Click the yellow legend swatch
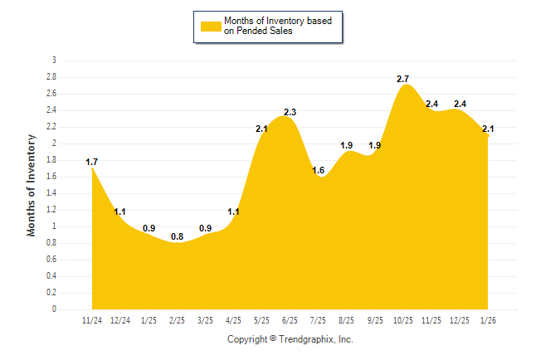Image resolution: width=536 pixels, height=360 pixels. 210,26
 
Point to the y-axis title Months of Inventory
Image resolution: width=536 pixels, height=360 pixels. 32,185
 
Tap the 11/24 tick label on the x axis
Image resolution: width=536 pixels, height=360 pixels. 92,320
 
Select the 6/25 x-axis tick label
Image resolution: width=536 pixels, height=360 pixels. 290,320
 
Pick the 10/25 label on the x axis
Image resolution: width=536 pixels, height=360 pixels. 403,320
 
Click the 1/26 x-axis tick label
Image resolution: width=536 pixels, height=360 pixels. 488,320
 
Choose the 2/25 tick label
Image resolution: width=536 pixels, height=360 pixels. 177,320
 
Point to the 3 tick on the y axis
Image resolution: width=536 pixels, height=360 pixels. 54,61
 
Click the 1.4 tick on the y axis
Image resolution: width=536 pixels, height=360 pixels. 51,193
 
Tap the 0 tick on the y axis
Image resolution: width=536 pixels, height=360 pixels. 54,309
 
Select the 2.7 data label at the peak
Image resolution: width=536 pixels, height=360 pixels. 403,79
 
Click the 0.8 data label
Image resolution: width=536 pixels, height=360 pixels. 177,236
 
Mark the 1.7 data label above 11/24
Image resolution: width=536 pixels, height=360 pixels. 92,162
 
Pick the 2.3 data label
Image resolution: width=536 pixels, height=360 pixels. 290,112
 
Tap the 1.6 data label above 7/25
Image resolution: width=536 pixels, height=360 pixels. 319,170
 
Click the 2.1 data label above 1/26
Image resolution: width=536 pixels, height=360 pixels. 488,129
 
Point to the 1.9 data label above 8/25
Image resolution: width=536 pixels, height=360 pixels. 347,145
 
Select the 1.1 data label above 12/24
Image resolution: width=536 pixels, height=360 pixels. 120,212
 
